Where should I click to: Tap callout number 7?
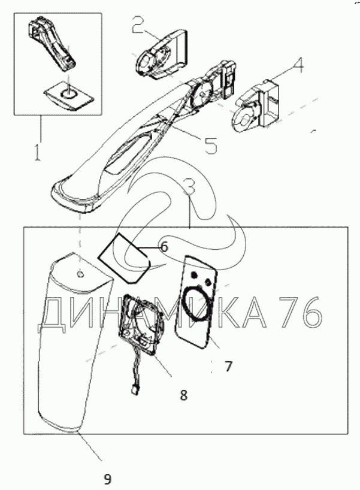(228, 366)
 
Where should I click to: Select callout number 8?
(184, 395)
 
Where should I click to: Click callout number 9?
(107, 479)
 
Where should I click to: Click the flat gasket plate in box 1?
(68, 95)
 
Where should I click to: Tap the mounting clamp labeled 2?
(162, 55)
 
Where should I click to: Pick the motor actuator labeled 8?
(141, 325)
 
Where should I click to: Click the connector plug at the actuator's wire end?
(133, 391)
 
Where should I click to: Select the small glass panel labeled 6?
(124, 258)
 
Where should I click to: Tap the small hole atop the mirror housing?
(80, 274)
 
